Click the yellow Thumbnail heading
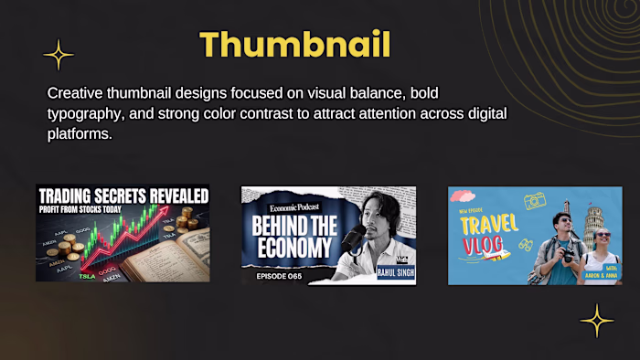tap(294, 44)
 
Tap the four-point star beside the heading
tap(59, 55)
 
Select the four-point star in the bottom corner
tap(597, 321)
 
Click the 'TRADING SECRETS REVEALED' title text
tap(123, 194)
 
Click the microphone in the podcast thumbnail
tap(351, 239)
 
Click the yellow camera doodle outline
tap(536, 201)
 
